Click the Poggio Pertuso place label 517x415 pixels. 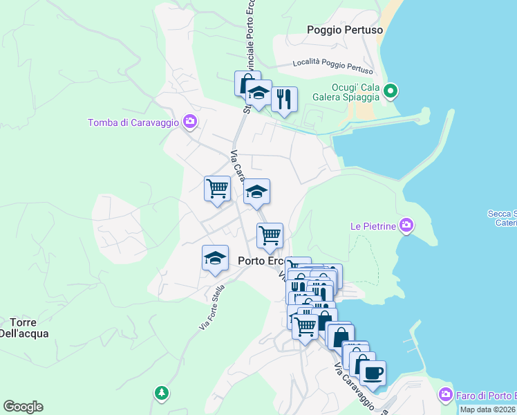click(x=344, y=30)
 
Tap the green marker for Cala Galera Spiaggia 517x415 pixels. click(x=390, y=91)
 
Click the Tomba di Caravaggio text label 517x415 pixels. click(x=133, y=123)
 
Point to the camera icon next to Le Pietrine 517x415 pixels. click(x=406, y=225)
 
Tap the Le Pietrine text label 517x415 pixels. click(x=373, y=225)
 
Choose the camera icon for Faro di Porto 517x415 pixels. click(x=446, y=395)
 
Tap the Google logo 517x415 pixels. click(x=23, y=407)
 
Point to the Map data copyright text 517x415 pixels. click(x=487, y=409)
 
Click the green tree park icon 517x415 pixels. click(x=161, y=392)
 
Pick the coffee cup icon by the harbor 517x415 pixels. click(x=373, y=373)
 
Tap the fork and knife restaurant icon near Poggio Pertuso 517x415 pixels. click(x=283, y=99)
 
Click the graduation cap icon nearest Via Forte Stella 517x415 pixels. click(x=215, y=258)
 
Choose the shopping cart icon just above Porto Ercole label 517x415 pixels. click(x=270, y=235)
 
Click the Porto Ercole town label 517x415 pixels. click(x=260, y=261)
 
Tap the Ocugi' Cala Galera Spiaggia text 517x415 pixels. click(x=355, y=91)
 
